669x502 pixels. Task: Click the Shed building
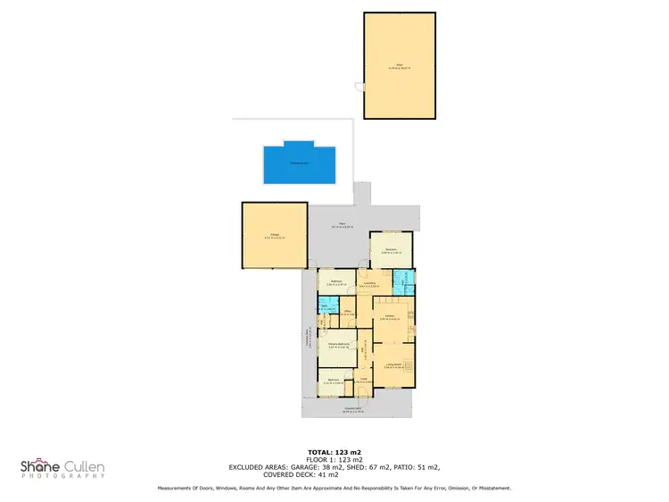pos(399,65)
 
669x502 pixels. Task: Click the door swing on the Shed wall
pos(359,87)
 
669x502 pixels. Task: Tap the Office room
pos(350,314)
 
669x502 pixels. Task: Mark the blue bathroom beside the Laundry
pos(406,282)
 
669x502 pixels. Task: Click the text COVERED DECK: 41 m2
pos(334,474)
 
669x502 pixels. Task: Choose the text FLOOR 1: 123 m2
pos(334,461)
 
